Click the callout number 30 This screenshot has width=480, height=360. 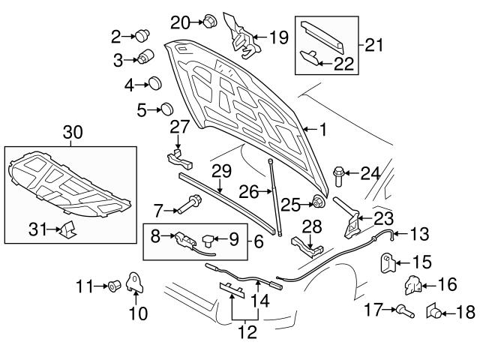pyautogui.click(x=72, y=133)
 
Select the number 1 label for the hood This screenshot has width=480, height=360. pyautogui.click(x=324, y=130)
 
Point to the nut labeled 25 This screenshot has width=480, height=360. pyautogui.click(x=317, y=202)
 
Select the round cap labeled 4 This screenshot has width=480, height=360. pyautogui.click(x=154, y=82)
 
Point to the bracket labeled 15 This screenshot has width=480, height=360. pyautogui.click(x=388, y=262)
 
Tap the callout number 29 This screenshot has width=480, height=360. pyautogui.click(x=218, y=171)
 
